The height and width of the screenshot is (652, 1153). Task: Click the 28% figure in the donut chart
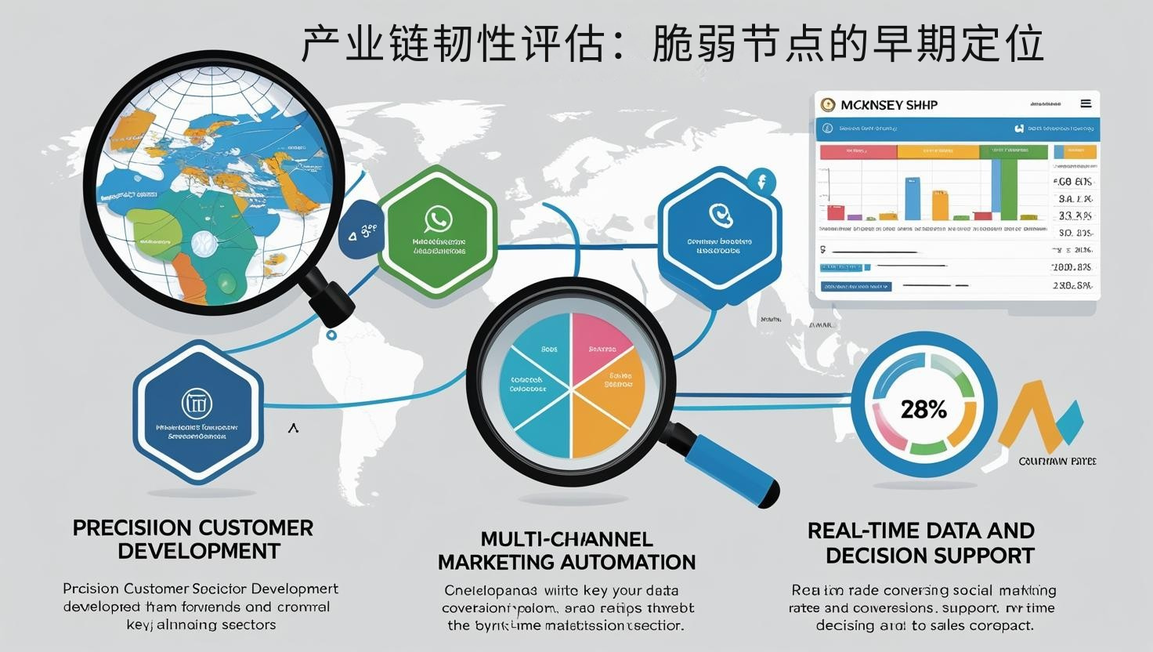coord(923,409)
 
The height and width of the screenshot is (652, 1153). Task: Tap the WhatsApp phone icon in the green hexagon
coord(437,219)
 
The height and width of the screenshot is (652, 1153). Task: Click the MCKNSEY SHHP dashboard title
coord(889,105)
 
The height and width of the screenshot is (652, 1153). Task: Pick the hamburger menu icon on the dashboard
coord(1086,103)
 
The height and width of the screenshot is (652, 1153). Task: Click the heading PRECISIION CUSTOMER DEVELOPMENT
coord(193,539)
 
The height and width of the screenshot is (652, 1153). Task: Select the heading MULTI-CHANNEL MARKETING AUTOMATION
coord(566,551)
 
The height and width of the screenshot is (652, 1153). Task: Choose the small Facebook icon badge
coord(761,183)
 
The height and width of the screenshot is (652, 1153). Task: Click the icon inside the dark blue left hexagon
coord(197,404)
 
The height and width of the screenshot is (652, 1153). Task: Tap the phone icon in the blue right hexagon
coord(719,214)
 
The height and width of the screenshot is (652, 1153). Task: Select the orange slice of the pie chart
coord(607,415)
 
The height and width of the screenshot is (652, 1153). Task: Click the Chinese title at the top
coord(672,44)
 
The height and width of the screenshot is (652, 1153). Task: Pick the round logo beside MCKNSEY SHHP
coord(828,104)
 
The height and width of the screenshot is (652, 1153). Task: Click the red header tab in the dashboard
coord(858,152)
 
